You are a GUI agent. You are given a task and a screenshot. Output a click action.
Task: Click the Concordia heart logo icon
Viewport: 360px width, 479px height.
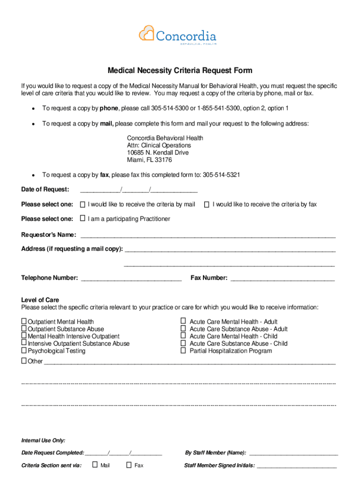[x=146, y=34]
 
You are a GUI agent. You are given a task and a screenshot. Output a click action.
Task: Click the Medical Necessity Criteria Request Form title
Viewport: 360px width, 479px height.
[x=180, y=71]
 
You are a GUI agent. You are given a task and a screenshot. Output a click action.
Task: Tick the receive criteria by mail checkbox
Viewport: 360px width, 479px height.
[x=83, y=204]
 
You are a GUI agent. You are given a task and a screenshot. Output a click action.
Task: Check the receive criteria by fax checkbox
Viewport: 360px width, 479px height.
[x=207, y=204]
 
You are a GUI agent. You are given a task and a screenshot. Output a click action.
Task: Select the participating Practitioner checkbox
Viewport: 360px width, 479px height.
[x=83, y=218]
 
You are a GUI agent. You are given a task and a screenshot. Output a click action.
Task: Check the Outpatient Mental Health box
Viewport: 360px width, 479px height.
[x=24, y=321]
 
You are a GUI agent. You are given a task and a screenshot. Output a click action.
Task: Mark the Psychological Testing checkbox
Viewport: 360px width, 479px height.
[x=24, y=350]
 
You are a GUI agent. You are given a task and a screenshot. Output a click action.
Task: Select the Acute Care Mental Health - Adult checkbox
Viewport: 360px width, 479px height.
[x=183, y=321]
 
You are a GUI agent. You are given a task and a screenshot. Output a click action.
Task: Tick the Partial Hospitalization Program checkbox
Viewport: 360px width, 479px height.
[x=183, y=350]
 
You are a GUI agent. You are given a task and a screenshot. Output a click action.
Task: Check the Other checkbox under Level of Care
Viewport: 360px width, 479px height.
[x=24, y=361]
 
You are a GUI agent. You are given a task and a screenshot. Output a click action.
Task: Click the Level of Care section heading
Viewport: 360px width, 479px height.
[x=40, y=300]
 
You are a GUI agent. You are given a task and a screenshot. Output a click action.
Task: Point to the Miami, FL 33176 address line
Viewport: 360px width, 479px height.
[x=150, y=160]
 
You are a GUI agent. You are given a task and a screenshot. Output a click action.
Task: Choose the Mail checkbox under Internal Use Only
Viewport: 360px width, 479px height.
[x=95, y=465]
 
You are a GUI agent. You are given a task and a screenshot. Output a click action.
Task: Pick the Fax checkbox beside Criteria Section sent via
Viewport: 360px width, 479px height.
[x=129, y=465]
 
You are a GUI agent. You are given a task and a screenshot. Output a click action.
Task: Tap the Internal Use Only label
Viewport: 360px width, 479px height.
[x=43, y=441]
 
